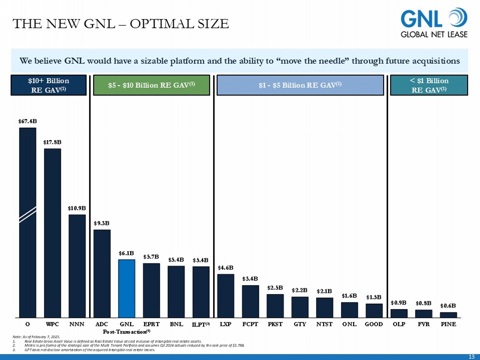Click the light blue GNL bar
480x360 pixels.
[x=127, y=288]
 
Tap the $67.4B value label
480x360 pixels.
[x=28, y=121]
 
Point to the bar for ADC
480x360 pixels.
[x=102, y=274]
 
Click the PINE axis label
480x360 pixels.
[x=448, y=324]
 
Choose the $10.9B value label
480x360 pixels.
[x=77, y=208]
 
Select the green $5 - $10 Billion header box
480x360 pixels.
[x=151, y=85]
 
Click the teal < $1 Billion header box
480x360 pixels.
[x=429, y=85]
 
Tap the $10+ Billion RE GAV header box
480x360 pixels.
[x=49, y=85]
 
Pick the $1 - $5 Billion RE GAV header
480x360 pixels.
[x=300, y=85]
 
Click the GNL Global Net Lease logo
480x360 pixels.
[x=434, y=23]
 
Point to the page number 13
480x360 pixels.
[x=471, y=357]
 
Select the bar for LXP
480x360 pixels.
[x=226, y=296]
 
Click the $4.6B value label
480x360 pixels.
[x=226, y=268]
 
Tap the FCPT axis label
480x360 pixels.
[x=250, y=324]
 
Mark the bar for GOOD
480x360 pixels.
[x=374, y=311]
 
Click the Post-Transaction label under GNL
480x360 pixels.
[x=126, y=332]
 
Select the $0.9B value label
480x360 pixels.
[x=399, y=303]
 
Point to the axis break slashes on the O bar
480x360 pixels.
[x=28, y=215]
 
